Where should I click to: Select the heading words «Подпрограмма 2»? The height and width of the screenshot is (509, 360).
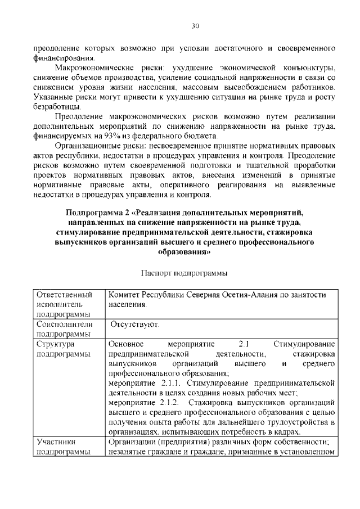point(92,212)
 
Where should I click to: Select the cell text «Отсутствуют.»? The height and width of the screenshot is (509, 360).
point(134,325)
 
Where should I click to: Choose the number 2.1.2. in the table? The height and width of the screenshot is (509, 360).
point(166,403)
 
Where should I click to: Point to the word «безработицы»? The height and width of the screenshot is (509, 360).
point(57,106)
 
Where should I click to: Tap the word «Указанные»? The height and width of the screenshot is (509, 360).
point(54,97)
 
